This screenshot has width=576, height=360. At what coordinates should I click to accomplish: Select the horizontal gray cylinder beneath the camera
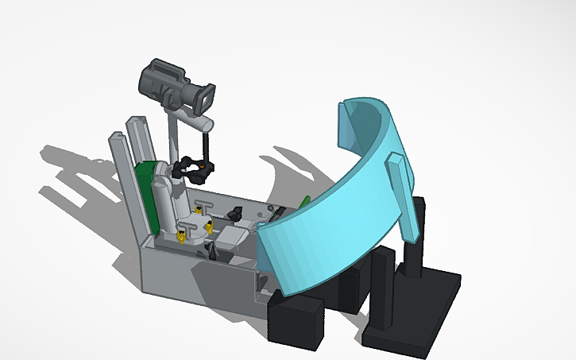tap(195, 123)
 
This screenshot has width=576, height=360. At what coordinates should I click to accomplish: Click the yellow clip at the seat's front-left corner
tap(182, 235)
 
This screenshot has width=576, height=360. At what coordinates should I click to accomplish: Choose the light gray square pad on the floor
tap(230, 236)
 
